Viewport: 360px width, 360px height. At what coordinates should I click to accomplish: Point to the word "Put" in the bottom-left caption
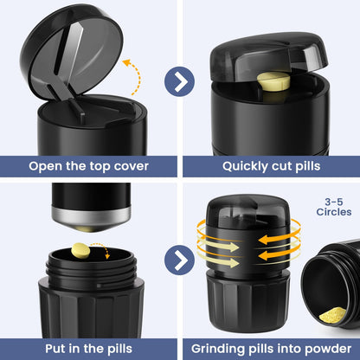pos(55,349)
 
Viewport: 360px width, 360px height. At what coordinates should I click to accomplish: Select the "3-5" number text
pos(334,202)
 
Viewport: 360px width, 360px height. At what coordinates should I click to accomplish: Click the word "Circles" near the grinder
pos(334,212)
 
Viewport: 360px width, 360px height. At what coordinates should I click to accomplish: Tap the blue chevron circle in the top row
pos(179,81)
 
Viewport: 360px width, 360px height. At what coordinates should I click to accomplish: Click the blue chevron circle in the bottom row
pos(179,260)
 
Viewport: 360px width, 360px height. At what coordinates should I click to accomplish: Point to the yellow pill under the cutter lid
pos(273,81)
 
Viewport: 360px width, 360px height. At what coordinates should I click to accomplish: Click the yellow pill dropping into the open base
pos(80,250)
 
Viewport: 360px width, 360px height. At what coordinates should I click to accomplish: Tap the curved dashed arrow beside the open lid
pos(138,75)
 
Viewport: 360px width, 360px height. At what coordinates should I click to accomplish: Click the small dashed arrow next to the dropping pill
pos(103,248)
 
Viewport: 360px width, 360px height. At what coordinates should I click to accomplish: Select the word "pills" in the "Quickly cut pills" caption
pos(308,167)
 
